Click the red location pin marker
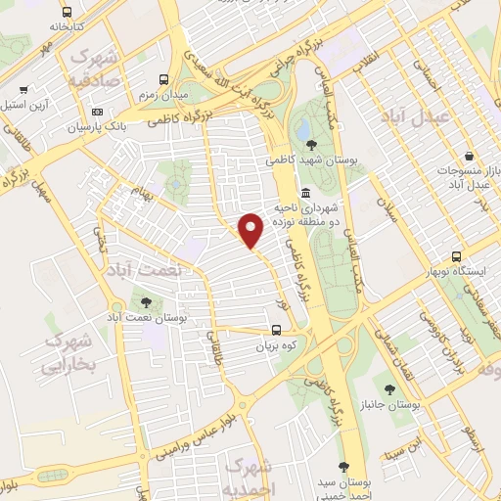tap(251, 229)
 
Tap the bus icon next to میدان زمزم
tap(161, 78)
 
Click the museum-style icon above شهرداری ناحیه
tap(306, 192)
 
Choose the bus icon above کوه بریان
tap(277, 331)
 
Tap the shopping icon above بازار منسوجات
tap(469, 156)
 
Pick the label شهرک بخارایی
tap(68, 353)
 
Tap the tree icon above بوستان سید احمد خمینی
tap(343, 468)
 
